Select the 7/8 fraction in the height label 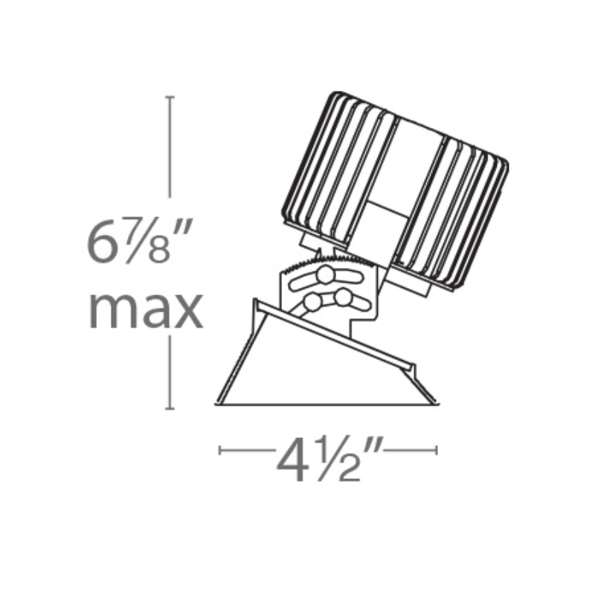(145, 241)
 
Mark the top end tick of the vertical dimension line (170, 97)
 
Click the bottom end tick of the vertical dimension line (170, 408)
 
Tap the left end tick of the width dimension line (219, 451)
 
